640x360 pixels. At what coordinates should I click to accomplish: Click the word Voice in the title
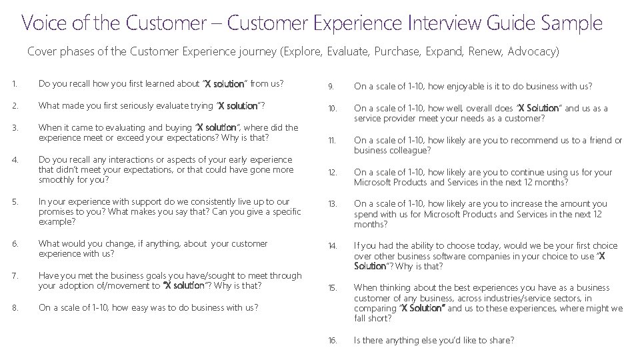(44, 23)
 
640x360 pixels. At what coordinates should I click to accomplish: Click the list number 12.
(332, 172)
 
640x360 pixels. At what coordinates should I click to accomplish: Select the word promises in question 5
(57, 211)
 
